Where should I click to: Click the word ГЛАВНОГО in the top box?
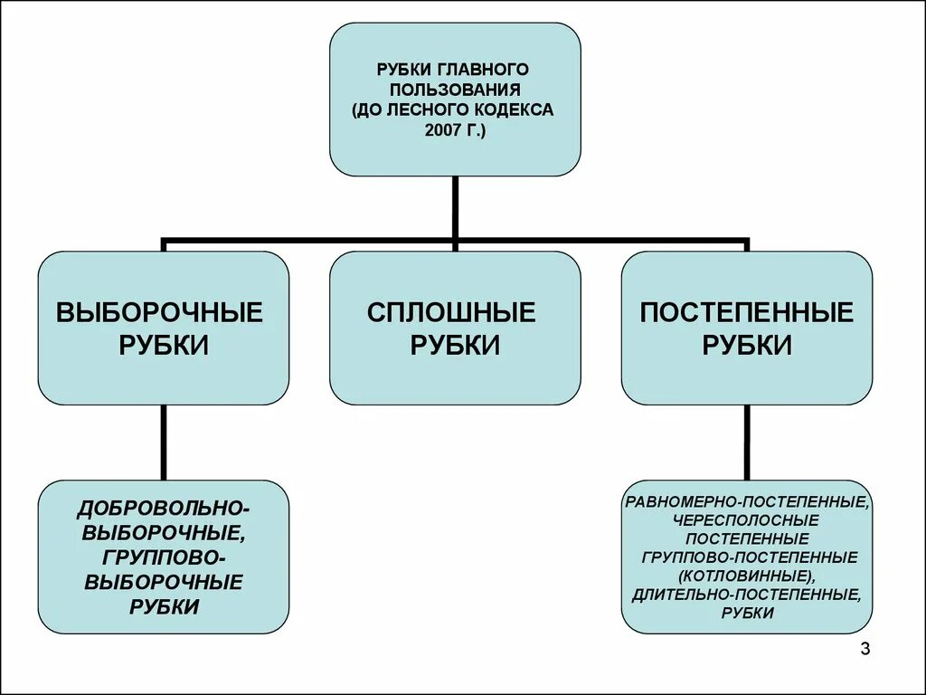484,70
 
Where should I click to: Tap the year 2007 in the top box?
439,131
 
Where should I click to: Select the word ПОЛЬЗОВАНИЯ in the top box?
454,90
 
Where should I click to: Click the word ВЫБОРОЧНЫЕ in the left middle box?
160,313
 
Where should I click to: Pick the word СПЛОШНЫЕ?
452,313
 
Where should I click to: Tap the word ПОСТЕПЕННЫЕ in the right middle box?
747,313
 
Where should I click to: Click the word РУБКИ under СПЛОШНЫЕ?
455,345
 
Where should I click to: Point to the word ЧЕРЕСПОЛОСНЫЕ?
746,519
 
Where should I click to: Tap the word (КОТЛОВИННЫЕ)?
747,576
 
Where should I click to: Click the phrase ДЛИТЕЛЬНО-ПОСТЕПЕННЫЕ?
747,595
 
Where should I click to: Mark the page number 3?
865,649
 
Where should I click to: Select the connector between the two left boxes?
164,442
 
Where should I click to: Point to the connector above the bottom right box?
747,442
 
